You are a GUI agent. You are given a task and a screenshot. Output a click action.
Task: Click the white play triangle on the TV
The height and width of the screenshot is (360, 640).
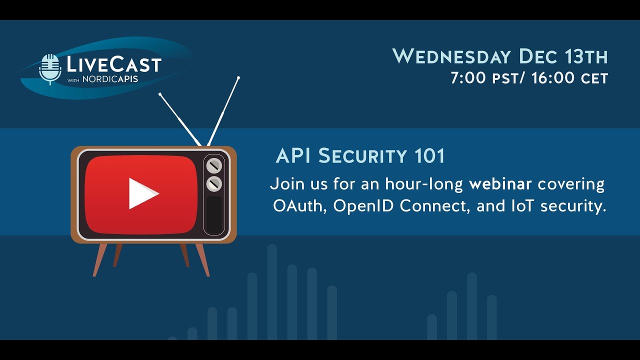point(142,193)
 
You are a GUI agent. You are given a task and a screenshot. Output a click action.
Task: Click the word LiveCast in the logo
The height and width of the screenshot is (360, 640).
point(114,65)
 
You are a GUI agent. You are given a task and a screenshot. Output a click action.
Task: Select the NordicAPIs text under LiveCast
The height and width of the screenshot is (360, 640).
point(110,79)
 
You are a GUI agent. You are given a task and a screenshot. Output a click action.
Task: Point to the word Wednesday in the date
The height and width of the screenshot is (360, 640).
point(452,56)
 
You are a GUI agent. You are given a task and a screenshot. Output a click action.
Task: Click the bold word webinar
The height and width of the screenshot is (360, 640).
point(500,184)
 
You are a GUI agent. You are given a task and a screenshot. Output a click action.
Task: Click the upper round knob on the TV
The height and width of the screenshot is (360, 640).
point(214,165)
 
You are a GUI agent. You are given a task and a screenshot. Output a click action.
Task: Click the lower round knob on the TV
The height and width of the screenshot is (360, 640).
point(214,183)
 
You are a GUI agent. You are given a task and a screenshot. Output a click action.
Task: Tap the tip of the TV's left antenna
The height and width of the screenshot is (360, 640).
point(160,93)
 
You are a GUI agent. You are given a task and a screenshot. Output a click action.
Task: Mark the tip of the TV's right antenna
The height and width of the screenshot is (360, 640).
point(238,77)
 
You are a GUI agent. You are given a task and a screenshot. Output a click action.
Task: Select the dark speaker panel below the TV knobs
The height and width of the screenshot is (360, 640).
point(214,213)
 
